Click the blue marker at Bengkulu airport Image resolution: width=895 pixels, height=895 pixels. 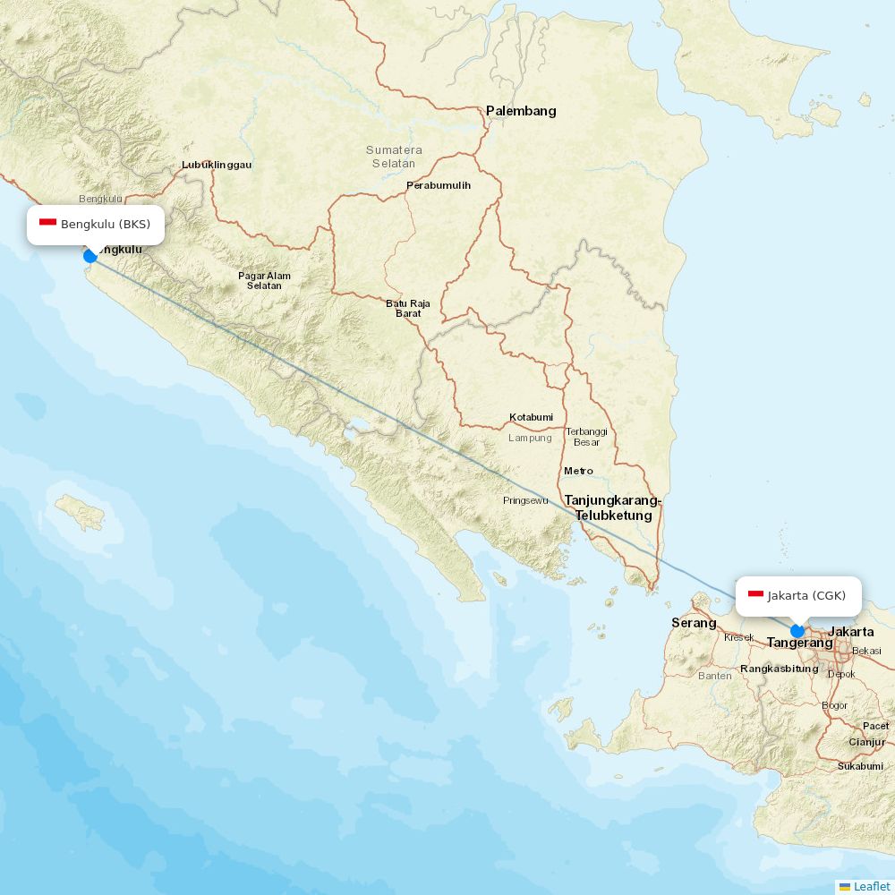[x=89, y=256]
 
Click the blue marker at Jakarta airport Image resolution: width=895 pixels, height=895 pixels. [x=797, y=631]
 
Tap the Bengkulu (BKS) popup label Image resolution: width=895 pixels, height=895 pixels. [x=96, y=224]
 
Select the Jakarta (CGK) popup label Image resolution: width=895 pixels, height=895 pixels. [x=798, y=596]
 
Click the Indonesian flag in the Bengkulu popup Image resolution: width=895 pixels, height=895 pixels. [x=48, y=223]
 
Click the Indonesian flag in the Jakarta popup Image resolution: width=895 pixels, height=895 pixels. [x=755, y=595]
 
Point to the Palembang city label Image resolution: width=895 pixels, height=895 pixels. [x=521, y=111]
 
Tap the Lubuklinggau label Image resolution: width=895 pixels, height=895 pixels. [x=217, y=165]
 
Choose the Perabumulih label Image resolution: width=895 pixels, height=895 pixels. [x=439, y=186]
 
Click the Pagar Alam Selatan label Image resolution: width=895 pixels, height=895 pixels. [x=264, y=280]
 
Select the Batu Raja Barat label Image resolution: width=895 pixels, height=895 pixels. [x=408, y=309]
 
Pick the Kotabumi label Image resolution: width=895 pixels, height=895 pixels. [x=532, y=417]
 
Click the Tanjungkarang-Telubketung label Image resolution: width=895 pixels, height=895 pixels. [x=613, y=507]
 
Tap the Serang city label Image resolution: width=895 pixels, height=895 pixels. [x=694, y=623]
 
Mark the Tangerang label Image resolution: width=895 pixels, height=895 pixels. [x=799, y=643]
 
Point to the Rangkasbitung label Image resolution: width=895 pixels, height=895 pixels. [x=780, y=669]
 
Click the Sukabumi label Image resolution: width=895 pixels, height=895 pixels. [x=861, y=766]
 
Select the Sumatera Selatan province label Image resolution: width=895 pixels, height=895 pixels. [x=394, y=157]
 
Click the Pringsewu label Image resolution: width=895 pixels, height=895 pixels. [x=525, y=500]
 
